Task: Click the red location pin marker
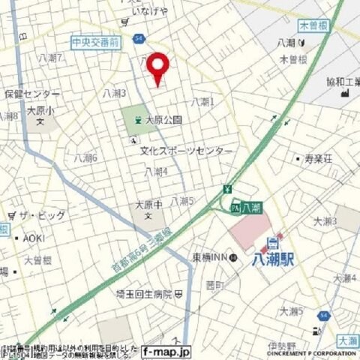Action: tap(157, 68)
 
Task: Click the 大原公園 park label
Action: tap(163, 119)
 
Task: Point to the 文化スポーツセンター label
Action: tap(187, 151)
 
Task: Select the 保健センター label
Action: tap(31, 94)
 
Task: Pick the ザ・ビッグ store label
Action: tap(43, 215)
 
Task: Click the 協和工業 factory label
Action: tap(338, 82)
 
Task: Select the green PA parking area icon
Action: tap(235, 206)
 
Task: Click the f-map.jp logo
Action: tap(166, 350)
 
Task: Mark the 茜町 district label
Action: tap(215, 285)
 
